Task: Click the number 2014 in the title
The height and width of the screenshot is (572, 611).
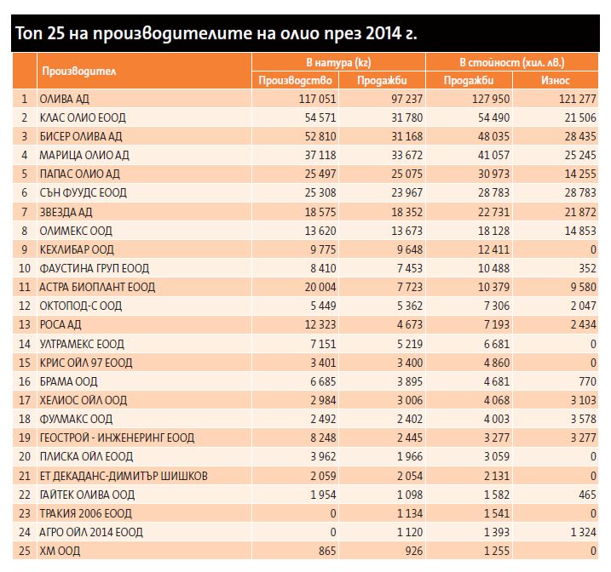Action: pyautogui.click(x=383, y=33)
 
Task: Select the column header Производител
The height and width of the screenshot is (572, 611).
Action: pyautogui.click(x=79, y=71)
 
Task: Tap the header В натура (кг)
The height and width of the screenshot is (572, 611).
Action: pyautogui.click(x=338, y=62)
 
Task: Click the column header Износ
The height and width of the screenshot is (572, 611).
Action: pyautogui.click(x=556, y=81)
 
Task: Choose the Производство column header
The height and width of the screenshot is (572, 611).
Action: pyautogui.click(x=295, y=81)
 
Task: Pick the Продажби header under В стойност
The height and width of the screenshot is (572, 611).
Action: pyautogui.click(x=469, y=81)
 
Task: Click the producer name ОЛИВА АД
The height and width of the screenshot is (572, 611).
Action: pyautogui.click(x=64, y=99)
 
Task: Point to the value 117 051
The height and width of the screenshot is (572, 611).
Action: pyautogui.click(x=317, y=99)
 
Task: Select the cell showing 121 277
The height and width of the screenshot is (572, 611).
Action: pyautogui.click(x=578, y=99)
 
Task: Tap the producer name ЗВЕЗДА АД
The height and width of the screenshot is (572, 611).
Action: pyautogui.click(x=66, y=212)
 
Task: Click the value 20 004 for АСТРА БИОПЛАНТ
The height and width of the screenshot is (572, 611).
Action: pyautogui.click(x=320, y=287)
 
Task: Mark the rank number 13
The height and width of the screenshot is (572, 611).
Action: pyautogui.click(x=25, y=324)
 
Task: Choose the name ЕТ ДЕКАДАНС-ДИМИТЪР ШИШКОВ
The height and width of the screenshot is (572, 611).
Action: pyautogui.click(x=124, y=476)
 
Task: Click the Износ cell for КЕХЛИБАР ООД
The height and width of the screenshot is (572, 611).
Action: pyautogui.click(x=593, y=249)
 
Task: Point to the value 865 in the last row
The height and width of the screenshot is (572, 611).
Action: pyautogui.click(x=326, y=551)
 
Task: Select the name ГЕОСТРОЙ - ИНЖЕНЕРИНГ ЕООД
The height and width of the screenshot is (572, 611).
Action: pyautogui.click(x=117, y=438)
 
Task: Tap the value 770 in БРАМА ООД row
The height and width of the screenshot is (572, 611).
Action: pyautogui.click(x=587, y=381)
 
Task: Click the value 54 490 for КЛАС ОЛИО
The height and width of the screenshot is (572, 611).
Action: pyautogui.click(x=493, y=117)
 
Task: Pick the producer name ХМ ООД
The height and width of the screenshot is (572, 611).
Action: pyautogui.click(x=60, y=551)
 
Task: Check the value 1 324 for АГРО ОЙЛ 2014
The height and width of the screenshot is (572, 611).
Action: pyautogui.click(x=584, y=532)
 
